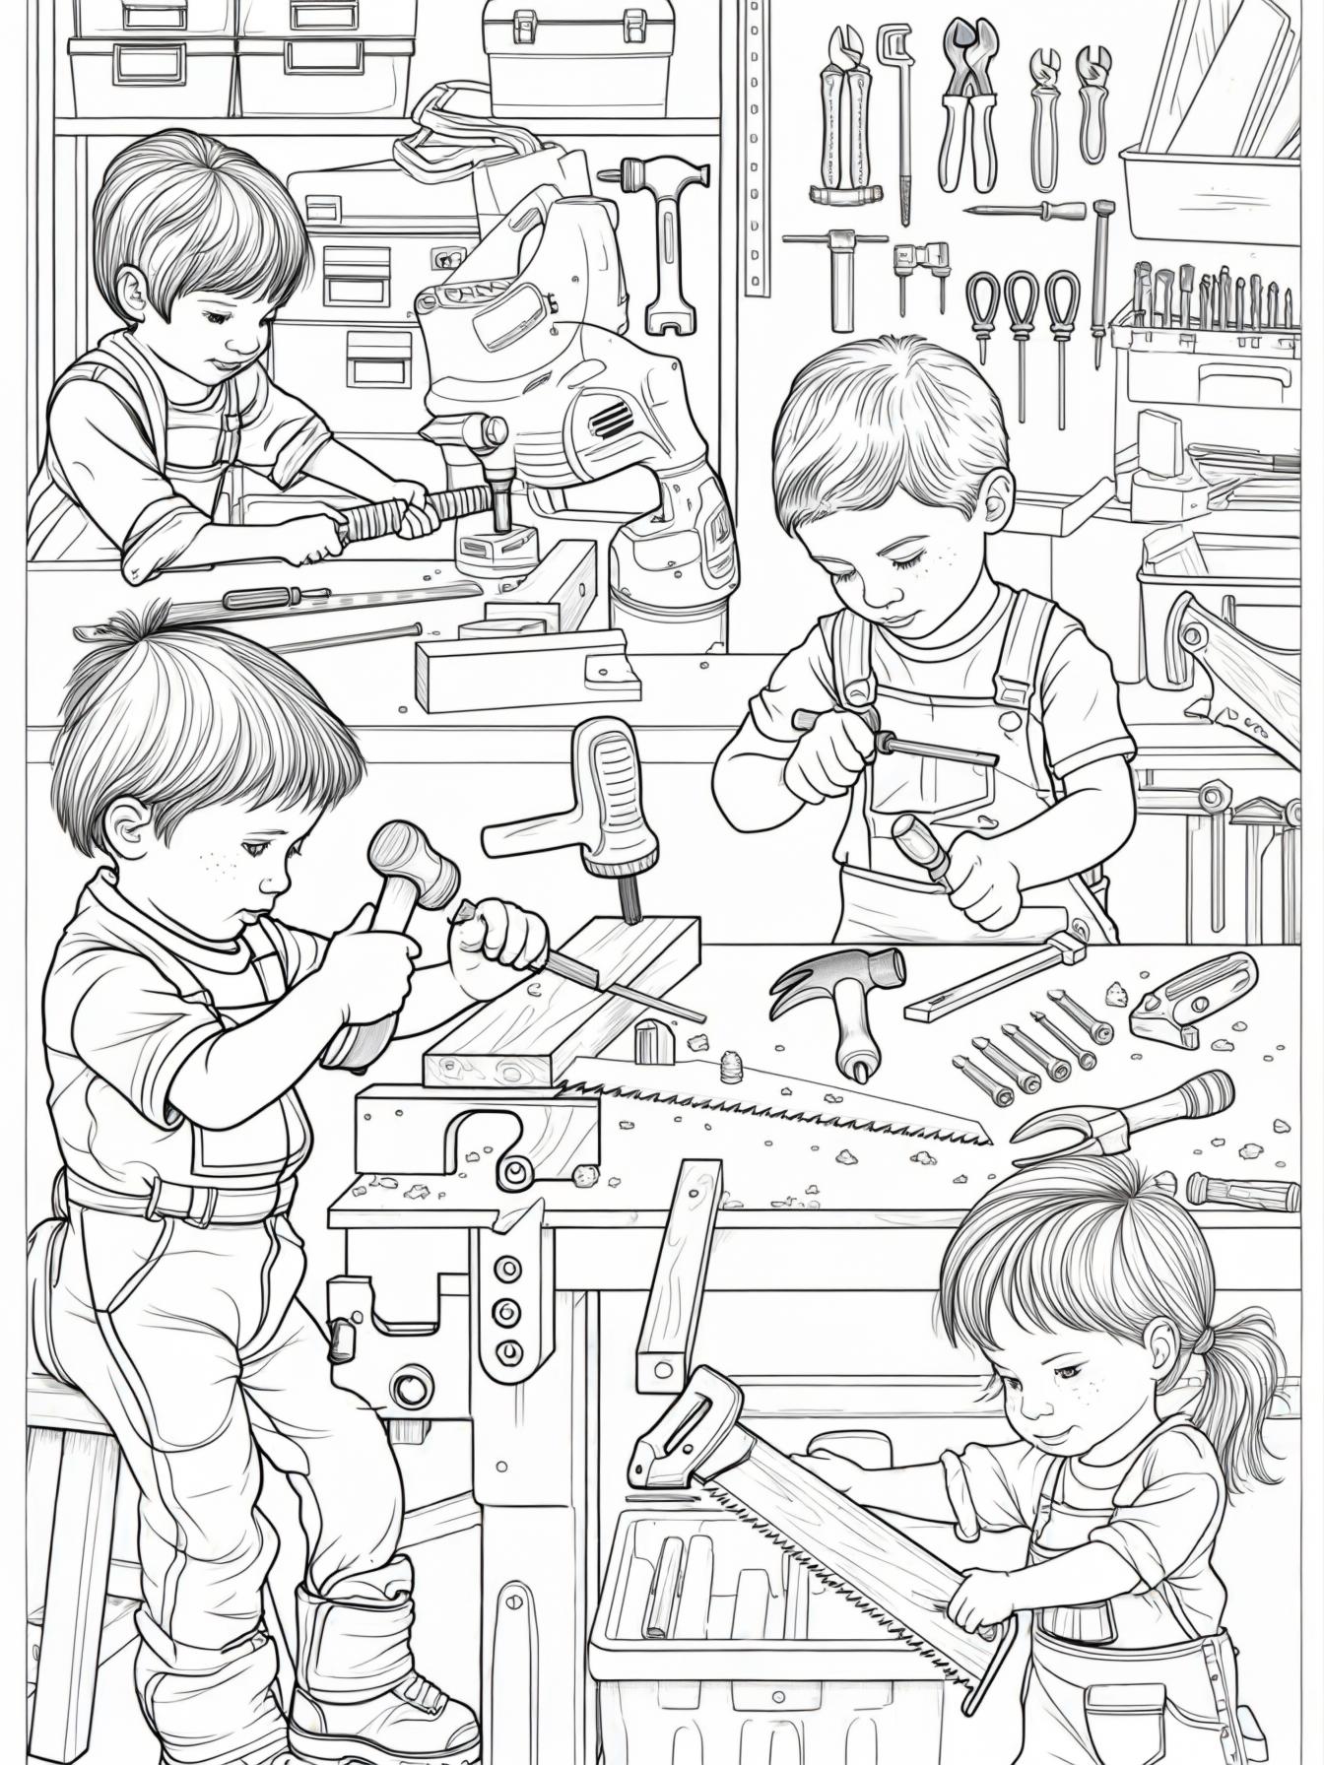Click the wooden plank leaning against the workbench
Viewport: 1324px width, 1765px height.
pos(680,1271)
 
